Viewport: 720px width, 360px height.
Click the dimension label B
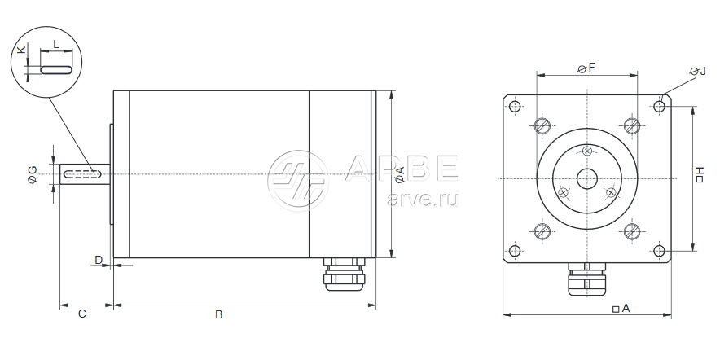pos(219,314)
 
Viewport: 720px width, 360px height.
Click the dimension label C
pos(81,314)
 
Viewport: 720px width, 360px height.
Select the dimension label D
pos(99,260)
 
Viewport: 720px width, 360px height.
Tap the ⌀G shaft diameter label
pos(33,175)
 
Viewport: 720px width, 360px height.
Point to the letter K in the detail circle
pos(21,50)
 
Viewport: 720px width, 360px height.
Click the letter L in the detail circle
pos(56,44)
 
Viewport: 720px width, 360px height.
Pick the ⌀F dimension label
pos(586,68)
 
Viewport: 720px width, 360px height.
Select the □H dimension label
pos(700,174)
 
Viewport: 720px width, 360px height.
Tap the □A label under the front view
pos(621,309)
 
